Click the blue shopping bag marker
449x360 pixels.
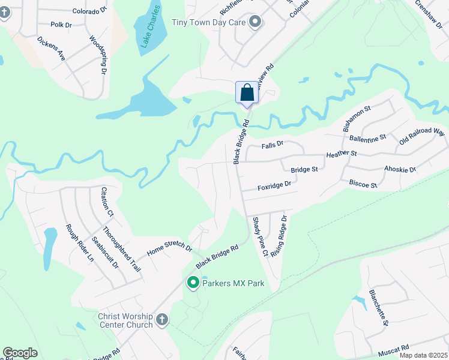coord(247,93)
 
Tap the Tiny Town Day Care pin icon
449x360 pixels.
coord(255,23)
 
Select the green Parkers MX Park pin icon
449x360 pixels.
coord(193,282)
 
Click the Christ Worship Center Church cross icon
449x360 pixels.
coord(161,320)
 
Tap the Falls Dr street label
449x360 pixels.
coord(272,145)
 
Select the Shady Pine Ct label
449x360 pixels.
coord(259,237)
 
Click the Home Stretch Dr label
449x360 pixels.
coord(169,248)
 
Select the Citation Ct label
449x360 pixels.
coord(107,202)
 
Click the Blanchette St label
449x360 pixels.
coord(379,307)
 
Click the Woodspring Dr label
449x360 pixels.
coord(98,55)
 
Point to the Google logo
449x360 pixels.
coord(20,353)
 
